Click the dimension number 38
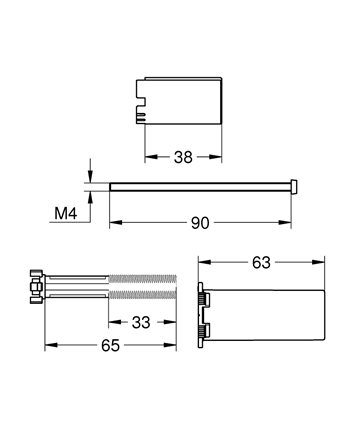(183, 157)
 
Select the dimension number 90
(200, 223)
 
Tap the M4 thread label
(66, 213)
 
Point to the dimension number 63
(261, 263)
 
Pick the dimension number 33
(141, 322)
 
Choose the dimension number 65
(110, 346)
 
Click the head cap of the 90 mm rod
(294, 186)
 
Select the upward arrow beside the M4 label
(90, 202)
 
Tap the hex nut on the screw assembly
(35, 287)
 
